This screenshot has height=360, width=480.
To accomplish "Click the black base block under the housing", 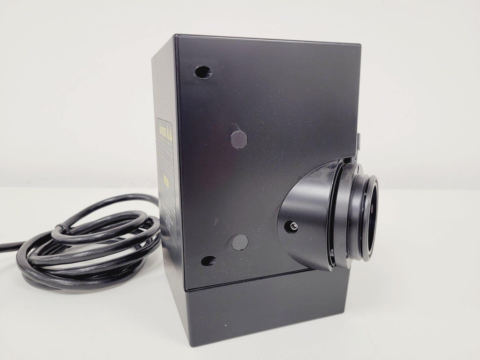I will coord(267,314).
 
